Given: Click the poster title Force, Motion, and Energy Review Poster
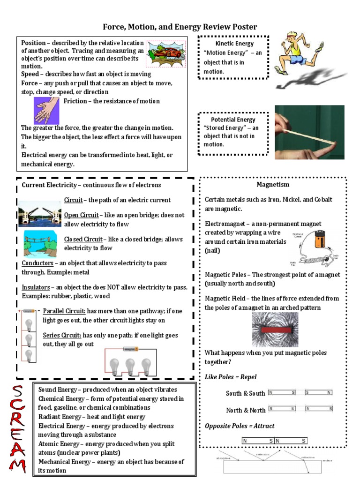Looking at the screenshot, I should [180, 27].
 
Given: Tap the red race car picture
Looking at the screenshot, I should [165, 53].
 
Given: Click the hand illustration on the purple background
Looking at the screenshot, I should [46, 111].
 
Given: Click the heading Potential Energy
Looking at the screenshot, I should [233, 120].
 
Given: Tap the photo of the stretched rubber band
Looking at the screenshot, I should [309, 132].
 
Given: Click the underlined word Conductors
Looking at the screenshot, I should [37, 263].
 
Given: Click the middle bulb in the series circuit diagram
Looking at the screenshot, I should [130, 365].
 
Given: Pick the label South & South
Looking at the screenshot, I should [245, 393].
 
